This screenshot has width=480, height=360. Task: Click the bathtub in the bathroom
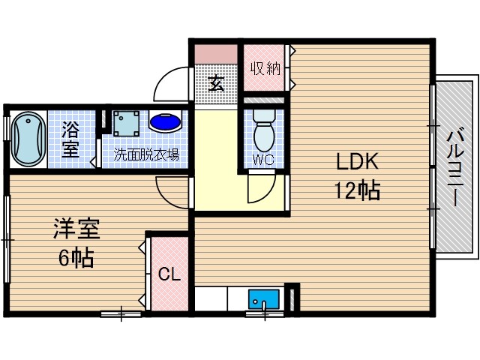(28, 140)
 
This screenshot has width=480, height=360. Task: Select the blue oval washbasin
(164, 121)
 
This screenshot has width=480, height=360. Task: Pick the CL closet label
(169, 274)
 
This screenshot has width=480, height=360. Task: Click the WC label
(262, 159)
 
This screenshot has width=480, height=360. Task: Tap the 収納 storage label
(265, 68)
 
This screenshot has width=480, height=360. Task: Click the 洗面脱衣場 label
(146, 155)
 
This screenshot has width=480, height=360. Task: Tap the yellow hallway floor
(217, 161)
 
